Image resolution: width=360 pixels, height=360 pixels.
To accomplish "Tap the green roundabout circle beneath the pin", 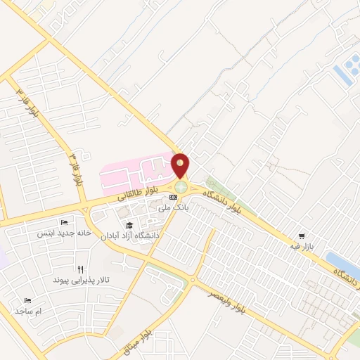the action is (x=181, y=187).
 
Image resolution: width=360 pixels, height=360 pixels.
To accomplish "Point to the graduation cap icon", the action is (x=129, y=225).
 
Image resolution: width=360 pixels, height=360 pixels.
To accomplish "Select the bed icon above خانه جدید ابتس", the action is (x=64, y=223).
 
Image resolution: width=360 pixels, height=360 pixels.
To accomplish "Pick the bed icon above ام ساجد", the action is (x=27, y=300).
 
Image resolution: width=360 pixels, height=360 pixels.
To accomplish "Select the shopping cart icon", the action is (x=302, y=236).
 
